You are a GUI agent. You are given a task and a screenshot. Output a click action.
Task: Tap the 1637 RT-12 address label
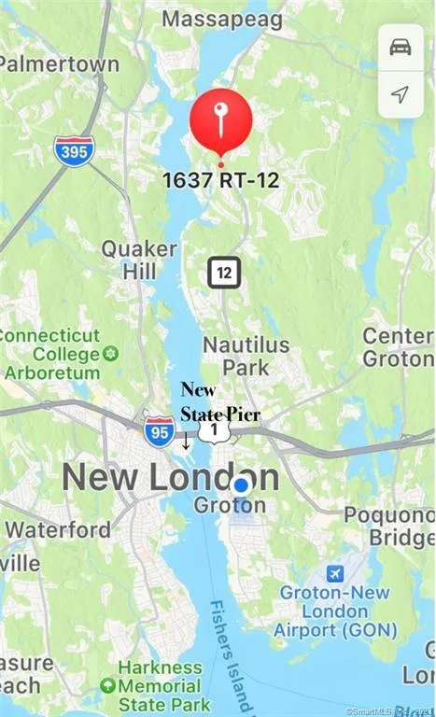(x=220, y=180)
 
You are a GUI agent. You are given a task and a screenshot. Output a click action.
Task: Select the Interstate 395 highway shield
(x=74, y=149)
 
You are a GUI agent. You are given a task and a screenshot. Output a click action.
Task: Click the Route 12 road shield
(x=224, y=273)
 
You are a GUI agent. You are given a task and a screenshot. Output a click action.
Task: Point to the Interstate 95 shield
(x=160, y=430)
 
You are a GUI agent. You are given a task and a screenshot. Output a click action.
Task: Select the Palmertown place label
(x=60, y=64)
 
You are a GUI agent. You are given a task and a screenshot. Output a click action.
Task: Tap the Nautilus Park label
(x=246, y=356)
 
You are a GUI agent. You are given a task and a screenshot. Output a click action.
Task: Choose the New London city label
(x=170, y=478)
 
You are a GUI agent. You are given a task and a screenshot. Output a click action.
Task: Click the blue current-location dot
(x=241, y=485)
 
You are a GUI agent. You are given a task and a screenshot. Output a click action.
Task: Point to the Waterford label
(x=58, y=529)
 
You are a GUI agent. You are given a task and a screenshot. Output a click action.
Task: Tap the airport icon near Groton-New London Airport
(x=333, y=572)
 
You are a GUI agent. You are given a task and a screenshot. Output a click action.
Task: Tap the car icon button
(x=400, y=46)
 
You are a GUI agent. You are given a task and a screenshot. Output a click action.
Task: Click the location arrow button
(x=400, y=94)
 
